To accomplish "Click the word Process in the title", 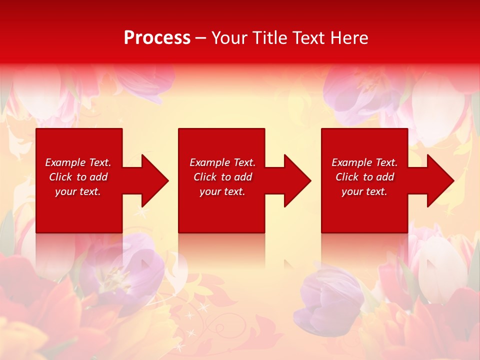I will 157,38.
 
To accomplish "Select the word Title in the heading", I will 268,38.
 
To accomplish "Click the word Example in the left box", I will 65,162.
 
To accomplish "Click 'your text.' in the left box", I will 78,191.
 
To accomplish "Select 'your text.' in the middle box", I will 222,191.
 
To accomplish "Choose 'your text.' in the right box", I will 364,191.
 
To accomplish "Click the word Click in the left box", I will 60,177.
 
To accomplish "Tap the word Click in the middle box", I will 205,177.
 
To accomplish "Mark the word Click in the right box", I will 347,177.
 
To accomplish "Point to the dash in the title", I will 200,38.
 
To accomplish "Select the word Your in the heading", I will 229,38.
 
